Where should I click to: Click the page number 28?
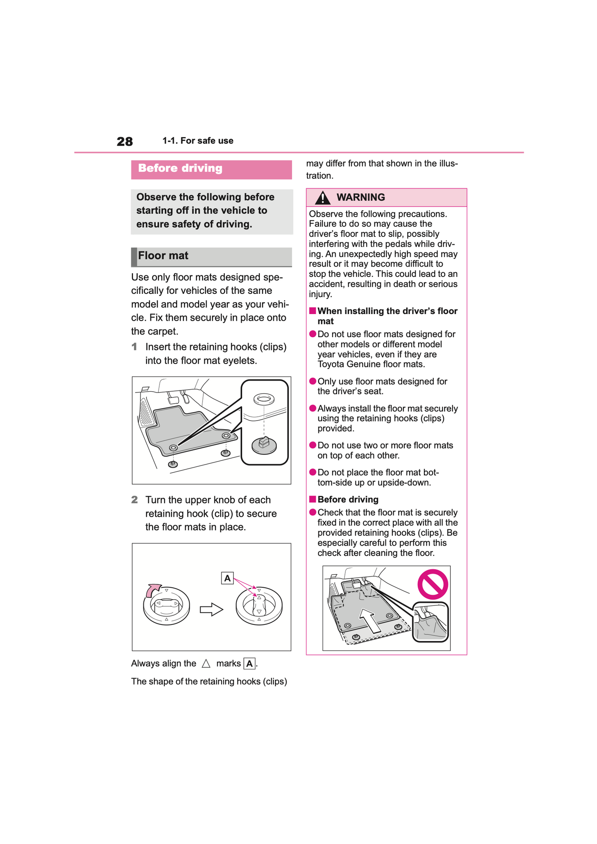pos(124,142)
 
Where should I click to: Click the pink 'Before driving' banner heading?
pos(180,168)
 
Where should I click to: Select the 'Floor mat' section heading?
pos(163,256)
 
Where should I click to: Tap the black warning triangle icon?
pos(322,198)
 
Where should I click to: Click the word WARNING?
pos(361,197)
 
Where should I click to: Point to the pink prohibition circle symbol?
pos(433,584)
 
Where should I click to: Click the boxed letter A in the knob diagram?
pos(227,578)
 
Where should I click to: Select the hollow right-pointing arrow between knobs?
pos(211,610)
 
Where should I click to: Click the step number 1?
pos(134,347)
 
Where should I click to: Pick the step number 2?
pos(134,500)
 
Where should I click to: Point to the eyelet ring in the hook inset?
pos(264,400)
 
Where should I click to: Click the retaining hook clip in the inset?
pos(264,444)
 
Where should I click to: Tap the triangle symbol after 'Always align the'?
pos(206,664)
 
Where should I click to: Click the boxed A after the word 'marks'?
pos(249,664)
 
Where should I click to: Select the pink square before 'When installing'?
pos(313,311)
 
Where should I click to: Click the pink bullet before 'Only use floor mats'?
pos(313,381)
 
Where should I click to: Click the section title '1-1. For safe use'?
pos(198,141)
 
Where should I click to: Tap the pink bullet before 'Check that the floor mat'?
pos(313,513)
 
